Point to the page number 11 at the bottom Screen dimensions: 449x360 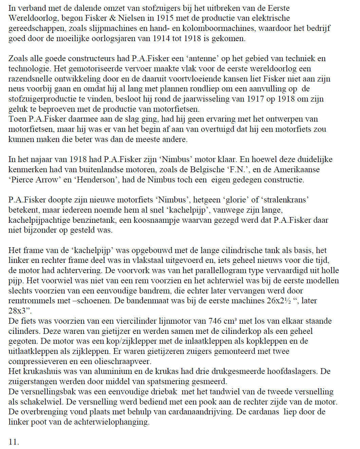[14, 442]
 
